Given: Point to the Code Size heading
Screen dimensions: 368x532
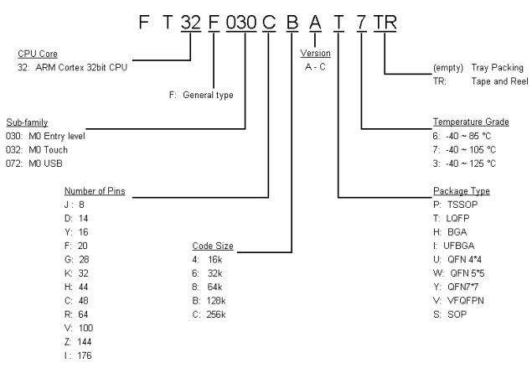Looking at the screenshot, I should [x=212, y=246].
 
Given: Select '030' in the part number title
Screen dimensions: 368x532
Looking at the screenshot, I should [x=243, y=16].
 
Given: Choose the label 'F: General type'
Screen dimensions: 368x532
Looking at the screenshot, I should [x=204, y=93].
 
